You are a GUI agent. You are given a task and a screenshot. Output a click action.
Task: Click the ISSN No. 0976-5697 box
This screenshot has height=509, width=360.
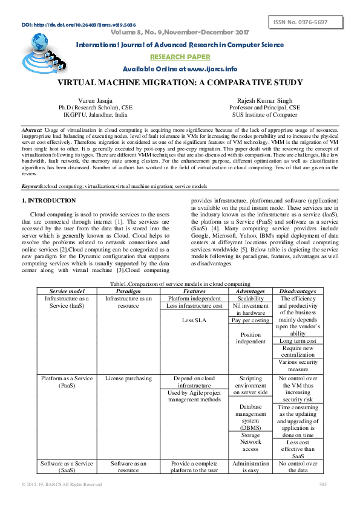pyautogui.click(x=305, y=22)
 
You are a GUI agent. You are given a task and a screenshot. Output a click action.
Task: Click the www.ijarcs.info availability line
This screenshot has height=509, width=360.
pyautogui.click(x=180, y=68)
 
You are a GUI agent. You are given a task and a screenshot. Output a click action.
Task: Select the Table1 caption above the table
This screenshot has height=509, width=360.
pyautogui.click(x=180, y=284)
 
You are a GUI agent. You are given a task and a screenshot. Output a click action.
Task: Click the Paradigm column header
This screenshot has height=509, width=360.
pyautogui.click(x=128, y=291)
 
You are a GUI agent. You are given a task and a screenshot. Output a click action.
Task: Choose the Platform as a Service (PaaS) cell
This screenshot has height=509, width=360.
pyautogui.click(x=67, y=381)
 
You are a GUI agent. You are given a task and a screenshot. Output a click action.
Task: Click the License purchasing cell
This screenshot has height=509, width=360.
pyautogui.click(x=128, y=378)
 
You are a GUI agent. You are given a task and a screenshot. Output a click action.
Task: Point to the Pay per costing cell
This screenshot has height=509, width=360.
pyautogui.click(x=250, y=320)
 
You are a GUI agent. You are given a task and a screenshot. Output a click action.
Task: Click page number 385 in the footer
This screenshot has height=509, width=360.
pyautogui.click(x=322, y=484)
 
